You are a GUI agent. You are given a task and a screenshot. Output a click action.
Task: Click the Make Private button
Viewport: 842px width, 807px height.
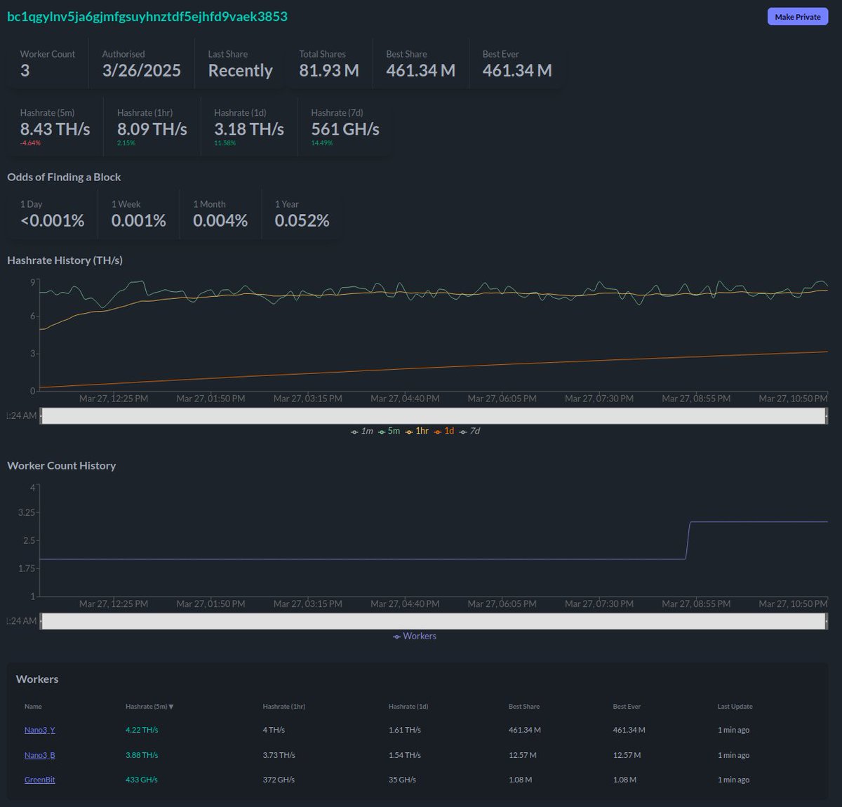tap(797, 17)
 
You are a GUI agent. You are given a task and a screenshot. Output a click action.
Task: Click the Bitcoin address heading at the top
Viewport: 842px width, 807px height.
tap(147, 16)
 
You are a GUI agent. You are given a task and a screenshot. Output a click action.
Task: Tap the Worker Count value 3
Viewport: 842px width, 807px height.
tap(25, 71)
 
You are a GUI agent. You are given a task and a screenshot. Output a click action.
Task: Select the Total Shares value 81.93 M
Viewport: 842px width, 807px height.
tap(328, 71)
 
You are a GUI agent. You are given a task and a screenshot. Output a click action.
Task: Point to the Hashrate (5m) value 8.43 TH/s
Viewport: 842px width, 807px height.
tap(55, 129)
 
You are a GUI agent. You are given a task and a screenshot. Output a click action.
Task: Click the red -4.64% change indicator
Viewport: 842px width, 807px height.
tap(30, 143)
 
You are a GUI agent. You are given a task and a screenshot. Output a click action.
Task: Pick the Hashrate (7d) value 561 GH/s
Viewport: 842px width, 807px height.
tap(345, 129)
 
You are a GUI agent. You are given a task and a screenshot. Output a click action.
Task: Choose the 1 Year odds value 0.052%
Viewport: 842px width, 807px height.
tap(302, 220)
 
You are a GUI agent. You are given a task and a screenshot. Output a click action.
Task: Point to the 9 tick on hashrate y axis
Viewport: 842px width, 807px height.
tap(32, 282)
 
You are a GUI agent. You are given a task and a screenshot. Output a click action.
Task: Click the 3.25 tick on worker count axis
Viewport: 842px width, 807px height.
tap(27, 512)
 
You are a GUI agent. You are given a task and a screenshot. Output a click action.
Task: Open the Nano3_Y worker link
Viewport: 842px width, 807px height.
tap(40, 730)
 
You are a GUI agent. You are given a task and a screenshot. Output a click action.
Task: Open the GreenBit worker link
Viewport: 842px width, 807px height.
tap(40, 780)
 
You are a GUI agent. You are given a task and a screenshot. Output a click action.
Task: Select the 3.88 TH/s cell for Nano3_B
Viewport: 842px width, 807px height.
tap(142, 755)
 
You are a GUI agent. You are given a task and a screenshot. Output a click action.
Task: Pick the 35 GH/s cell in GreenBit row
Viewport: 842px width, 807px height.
tap(402, 780)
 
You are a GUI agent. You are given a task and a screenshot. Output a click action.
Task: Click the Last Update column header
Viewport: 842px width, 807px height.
tap(735, 707)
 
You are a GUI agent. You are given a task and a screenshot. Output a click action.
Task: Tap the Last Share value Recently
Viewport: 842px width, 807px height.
tap(240, 71)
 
